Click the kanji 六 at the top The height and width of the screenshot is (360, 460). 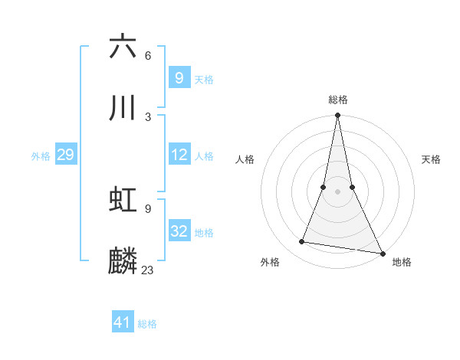click(123, 47)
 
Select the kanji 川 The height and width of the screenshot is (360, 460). click(123, 109)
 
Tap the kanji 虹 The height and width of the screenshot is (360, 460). click(123, 201)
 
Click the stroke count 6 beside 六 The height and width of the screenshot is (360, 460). click(148, 56)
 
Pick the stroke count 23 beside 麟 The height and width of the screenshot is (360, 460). click(148, 270)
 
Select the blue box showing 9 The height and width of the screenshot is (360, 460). click(179, 77)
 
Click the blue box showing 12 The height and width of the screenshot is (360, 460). click(179, 155)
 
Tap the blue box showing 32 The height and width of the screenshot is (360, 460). click(179, 231)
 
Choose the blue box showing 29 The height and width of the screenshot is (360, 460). click(65, 155)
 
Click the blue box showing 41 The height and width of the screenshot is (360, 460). click(123, 322)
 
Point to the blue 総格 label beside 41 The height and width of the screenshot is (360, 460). click(147, 324)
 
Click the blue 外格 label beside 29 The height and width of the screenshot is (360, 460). click(41, 156)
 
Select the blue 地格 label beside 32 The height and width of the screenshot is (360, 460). click(204, 233)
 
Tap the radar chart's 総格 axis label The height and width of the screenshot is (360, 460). click(338, 100)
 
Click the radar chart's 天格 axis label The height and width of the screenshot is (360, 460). click(432, 159)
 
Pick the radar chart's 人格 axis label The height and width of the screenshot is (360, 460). click(245, 159)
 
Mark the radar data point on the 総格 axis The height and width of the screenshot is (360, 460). click(337, 116)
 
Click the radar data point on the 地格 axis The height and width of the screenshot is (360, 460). click(382, 252)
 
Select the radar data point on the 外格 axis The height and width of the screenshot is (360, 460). click(302, 242)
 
